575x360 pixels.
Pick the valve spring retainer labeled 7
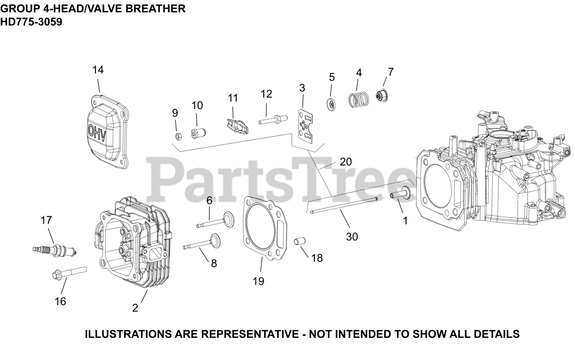coord(382,96)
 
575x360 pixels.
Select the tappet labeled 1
coord(399,194)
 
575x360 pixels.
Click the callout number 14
coord(98,70)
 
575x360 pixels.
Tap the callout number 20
coord(345,162)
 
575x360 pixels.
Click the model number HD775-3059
coord(31,21)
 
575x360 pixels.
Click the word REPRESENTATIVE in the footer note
coord(250,334)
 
